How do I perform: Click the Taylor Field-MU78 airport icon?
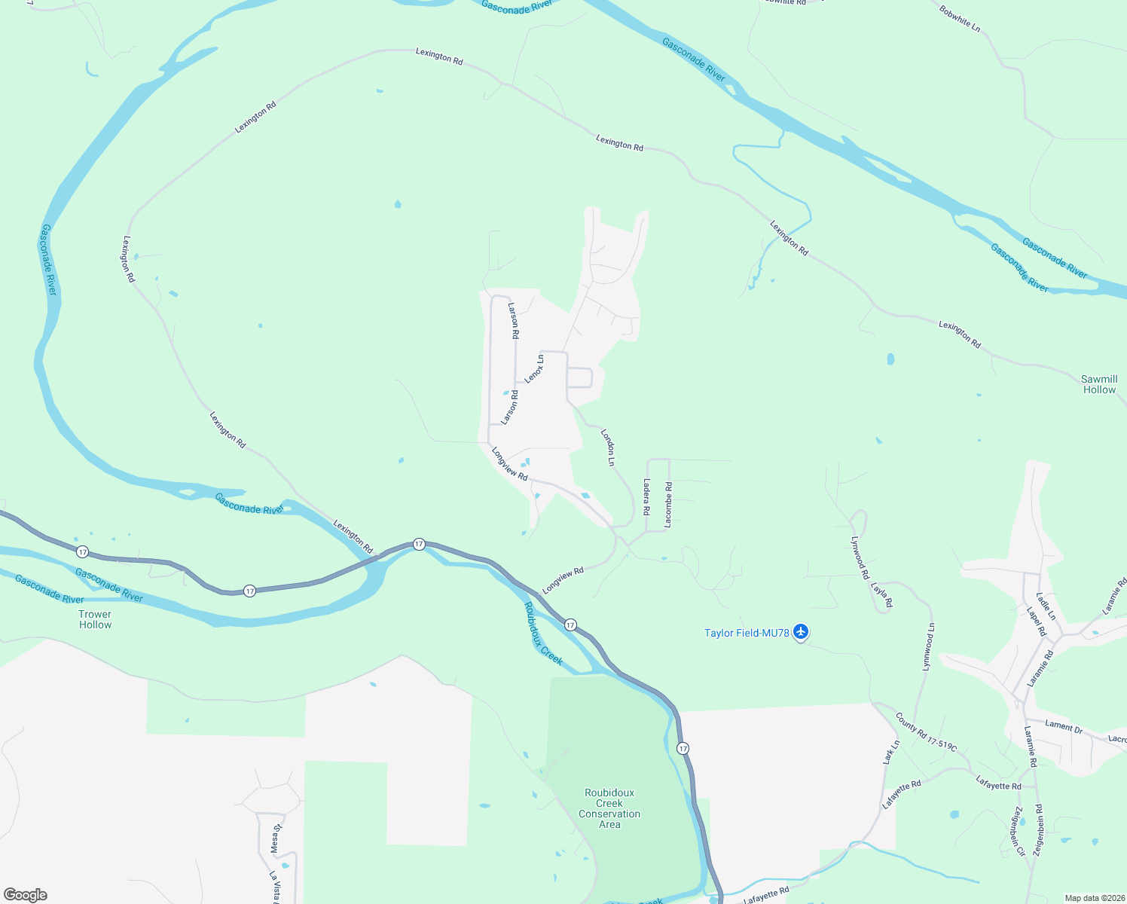point(801,632)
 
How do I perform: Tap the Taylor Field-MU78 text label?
point(747,633)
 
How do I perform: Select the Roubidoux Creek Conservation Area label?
point(609,808)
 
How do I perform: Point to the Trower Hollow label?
point(95,619)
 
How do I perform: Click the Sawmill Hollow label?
point(1099,384)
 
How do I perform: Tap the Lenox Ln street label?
point(534,369)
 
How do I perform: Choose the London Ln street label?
point(608,447)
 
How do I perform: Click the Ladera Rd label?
point(646,496)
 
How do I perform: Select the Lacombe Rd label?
point(668,504)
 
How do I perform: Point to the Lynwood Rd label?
point(860,557)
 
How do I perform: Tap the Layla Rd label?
point(881,594)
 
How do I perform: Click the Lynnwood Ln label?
point(928,646)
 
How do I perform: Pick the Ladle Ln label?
point(1046,606)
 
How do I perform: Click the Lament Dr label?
point(1064,726)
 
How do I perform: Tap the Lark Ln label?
point(891,753)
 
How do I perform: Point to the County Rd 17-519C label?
point(926,731)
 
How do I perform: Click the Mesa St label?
point(276,838)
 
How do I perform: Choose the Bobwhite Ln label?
point(960,19)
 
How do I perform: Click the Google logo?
point(26,895)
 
